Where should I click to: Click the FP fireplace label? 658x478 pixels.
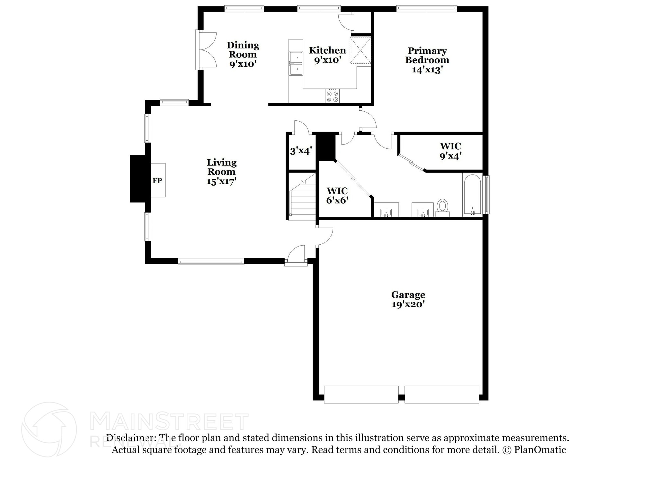[157, 181]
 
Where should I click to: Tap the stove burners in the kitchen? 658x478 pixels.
[332, 96]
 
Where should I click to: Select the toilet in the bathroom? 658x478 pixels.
[442, 206]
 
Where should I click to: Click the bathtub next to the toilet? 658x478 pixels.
[472, 194]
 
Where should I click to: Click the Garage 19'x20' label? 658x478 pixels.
[408, 299]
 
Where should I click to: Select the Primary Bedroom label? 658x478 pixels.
[427, 60]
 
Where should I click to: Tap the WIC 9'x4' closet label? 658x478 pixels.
[450, 151]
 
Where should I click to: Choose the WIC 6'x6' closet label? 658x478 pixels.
[337, 196]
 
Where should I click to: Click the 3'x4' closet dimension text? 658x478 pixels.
[301, 151]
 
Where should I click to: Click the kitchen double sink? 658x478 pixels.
[296, 63]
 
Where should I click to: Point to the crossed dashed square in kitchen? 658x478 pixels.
[360, 50]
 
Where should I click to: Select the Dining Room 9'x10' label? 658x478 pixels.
[243, 54]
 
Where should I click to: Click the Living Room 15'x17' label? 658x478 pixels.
[221, 172]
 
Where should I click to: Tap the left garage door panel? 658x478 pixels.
[361, 394]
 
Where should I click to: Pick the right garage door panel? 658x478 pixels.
[442, 394]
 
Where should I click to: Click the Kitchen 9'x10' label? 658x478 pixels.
[327, 55]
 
